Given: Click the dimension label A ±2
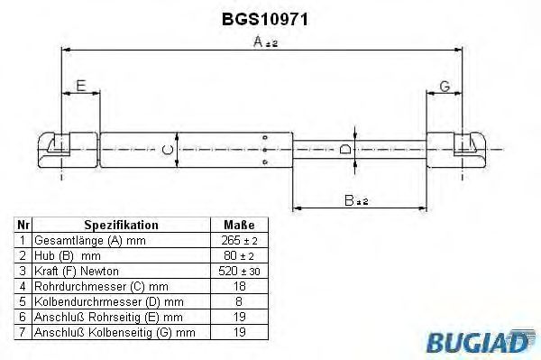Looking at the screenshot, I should pyautogui.click(x=264, y=42).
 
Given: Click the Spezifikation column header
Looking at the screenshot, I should pyautogui.click(x=121, y=225).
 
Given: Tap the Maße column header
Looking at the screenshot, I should pyautogui.click(x=238, y=225).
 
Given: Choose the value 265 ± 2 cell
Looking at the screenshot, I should pyautogui.click(x=238, y=241).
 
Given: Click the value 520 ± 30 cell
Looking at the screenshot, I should pyautogui.click(x=238, y=271).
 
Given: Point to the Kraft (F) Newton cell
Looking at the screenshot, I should pyautogui.click(x=76, y=271).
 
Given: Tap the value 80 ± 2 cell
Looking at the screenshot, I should pyautogui.click(x=238, y=256).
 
